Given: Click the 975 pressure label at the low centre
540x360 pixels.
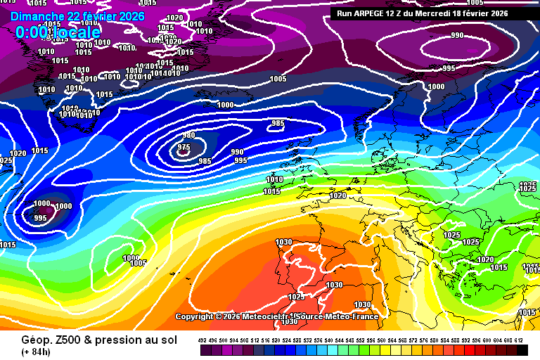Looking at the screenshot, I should [x=184, y=148].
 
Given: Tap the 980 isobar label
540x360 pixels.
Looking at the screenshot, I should [x=188, y=136].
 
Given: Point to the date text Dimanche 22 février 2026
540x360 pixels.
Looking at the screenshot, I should [x=77, y=16].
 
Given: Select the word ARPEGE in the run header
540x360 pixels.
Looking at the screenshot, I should [x=373, y=13].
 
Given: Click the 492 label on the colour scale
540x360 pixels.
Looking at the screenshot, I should [x=202, y=340].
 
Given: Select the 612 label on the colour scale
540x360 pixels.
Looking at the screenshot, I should [x=520, y=340].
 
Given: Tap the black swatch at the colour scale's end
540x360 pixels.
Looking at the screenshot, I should [x=522, y=349].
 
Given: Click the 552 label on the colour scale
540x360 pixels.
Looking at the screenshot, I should [x=361, y=340].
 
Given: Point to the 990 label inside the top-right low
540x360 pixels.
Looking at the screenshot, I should [x=457, y=36].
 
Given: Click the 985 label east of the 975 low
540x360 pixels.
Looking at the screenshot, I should [x=278, y=124].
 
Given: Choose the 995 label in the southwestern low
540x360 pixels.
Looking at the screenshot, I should [x=40, y=218].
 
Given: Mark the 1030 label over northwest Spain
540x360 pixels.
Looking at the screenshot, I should [x=283, y=243].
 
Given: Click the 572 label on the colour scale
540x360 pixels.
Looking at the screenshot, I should [x=414, y=340].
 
